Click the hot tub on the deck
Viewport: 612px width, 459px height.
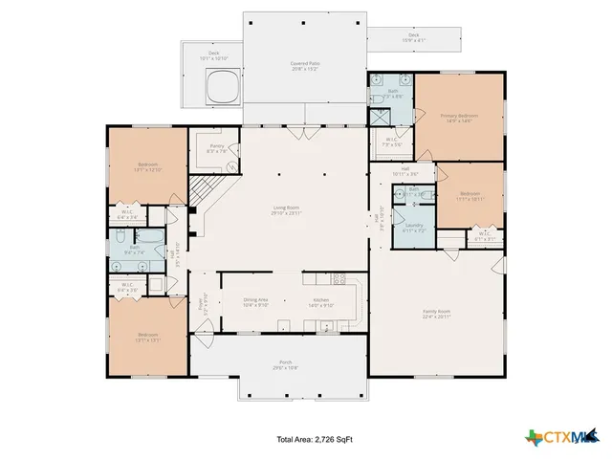[x=222, y=88]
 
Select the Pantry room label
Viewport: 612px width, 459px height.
[x=217, y=148]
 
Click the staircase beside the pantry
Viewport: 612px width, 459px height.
[x=202, y=190]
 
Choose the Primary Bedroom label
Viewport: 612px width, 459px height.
[x=458, y=119]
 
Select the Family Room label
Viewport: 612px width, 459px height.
[x=437, y=313]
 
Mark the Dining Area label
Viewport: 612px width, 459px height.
[x=255, y=302]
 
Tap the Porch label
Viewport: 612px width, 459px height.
[x=285, y=364]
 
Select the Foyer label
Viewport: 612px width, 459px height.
[x=201, y=306]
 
